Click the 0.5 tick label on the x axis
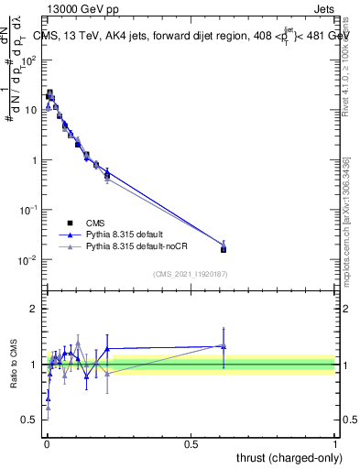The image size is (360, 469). coord(191,442)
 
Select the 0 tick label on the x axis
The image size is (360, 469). coord(47,442)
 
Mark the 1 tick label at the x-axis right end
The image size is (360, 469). coord(334,442)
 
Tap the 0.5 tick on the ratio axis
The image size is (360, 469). coord(29,420)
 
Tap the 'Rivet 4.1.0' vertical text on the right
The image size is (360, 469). coord(345,55)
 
